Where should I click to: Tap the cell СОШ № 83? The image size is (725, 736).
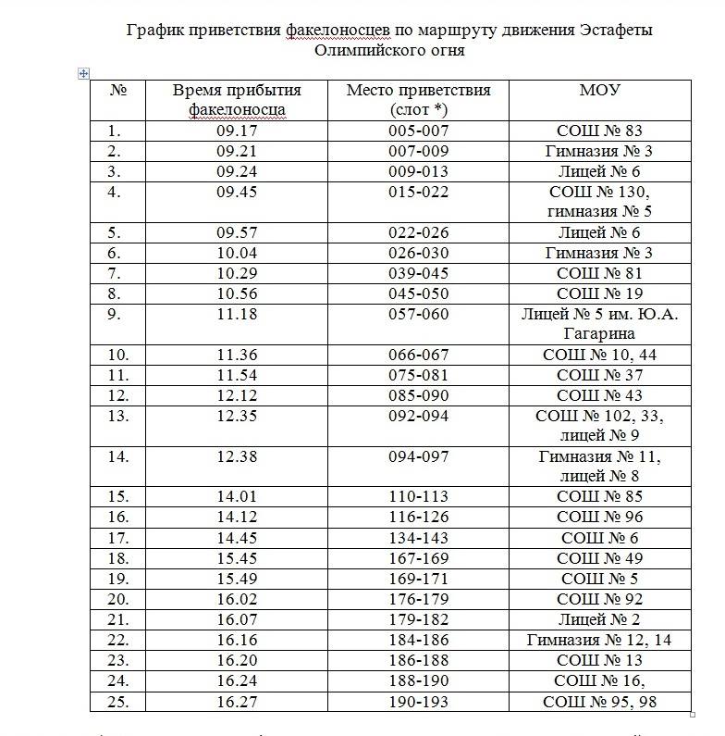click(599, 131)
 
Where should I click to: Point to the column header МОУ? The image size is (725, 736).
click(599, 91)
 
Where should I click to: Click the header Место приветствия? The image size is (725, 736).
click(418, 91)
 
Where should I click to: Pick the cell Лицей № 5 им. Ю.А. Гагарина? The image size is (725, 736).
click(599, 323)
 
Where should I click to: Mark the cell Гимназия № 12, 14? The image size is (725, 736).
click(599, 640)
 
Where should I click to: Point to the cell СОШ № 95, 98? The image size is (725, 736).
click(599, 702)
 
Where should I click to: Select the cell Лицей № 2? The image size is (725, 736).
click(599, 619)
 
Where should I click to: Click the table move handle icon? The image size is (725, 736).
click(84, 74)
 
